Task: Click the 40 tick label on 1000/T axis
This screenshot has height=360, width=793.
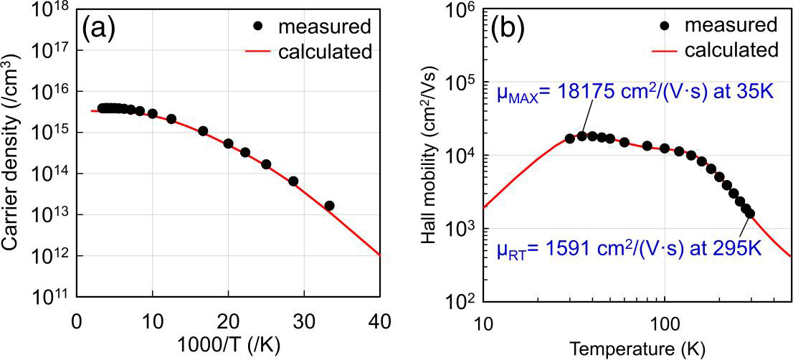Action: pos(379,320)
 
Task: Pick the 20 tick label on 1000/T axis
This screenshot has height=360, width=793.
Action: pos(228,320)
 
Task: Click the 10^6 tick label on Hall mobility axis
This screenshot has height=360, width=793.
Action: pos(460,11)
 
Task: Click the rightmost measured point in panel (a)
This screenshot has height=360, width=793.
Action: pos(329,206)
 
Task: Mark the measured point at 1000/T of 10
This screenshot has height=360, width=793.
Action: pos(152,114)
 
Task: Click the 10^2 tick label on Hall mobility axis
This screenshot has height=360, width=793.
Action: pos(460,301)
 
